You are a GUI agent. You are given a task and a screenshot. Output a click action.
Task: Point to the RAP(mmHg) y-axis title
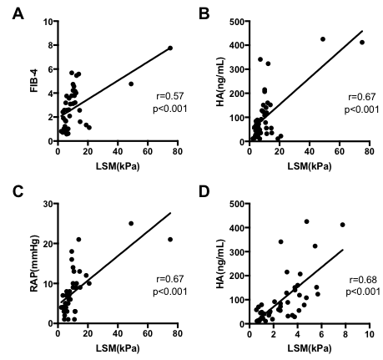pyautogui.click(x=15, y=262)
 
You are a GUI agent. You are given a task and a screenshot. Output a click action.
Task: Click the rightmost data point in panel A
pyautogui.click(x=170, y=48)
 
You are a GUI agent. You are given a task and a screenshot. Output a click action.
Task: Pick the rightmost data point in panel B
pyautogui.click(x=362, y=42)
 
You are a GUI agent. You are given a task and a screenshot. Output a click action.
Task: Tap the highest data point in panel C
pyautogui.click(x=131, y=223)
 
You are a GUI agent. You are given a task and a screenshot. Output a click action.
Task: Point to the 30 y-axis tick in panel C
pyautogui.click(x=46, y=203)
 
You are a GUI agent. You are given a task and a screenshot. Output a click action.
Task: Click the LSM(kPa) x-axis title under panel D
pyautogui.click(x=309, y=350)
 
